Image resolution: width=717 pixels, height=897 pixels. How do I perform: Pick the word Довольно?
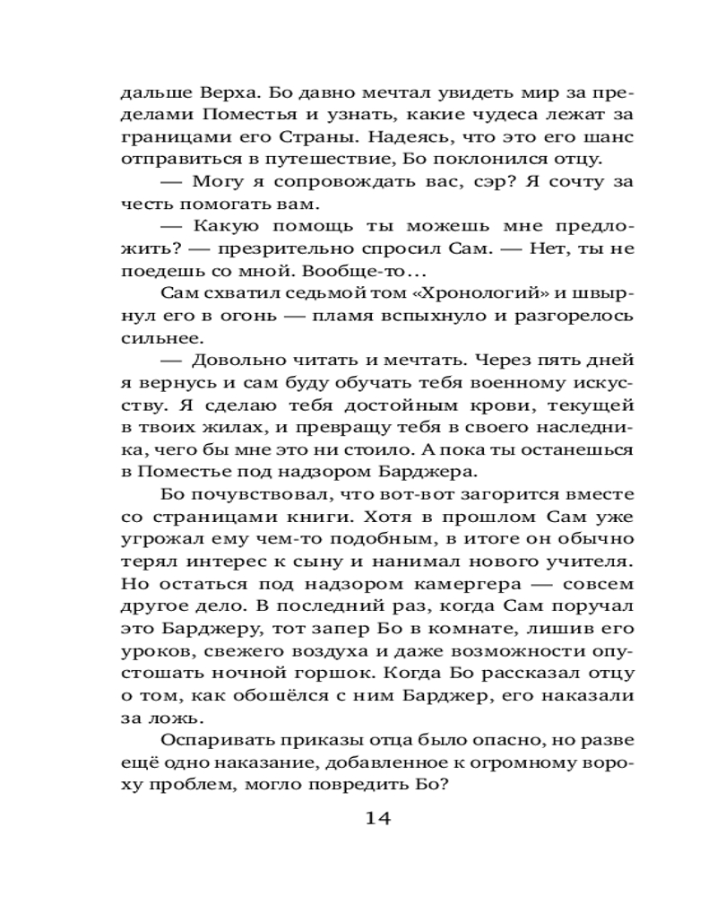(x=241, y=361)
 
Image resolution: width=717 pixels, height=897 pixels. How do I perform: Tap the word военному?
(x=515, y=383)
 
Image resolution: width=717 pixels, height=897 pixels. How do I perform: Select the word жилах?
(x=237, y=427)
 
